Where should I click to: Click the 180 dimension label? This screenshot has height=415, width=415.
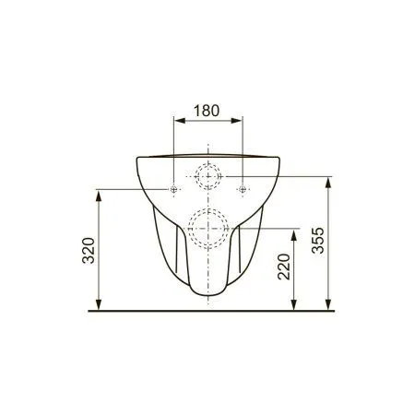207,110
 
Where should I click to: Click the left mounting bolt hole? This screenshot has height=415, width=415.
172,189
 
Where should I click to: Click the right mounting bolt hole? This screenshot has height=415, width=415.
242,189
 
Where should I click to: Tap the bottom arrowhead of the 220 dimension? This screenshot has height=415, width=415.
295,307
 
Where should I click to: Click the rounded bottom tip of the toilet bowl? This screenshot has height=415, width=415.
207,298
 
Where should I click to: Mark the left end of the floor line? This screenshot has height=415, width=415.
89,313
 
